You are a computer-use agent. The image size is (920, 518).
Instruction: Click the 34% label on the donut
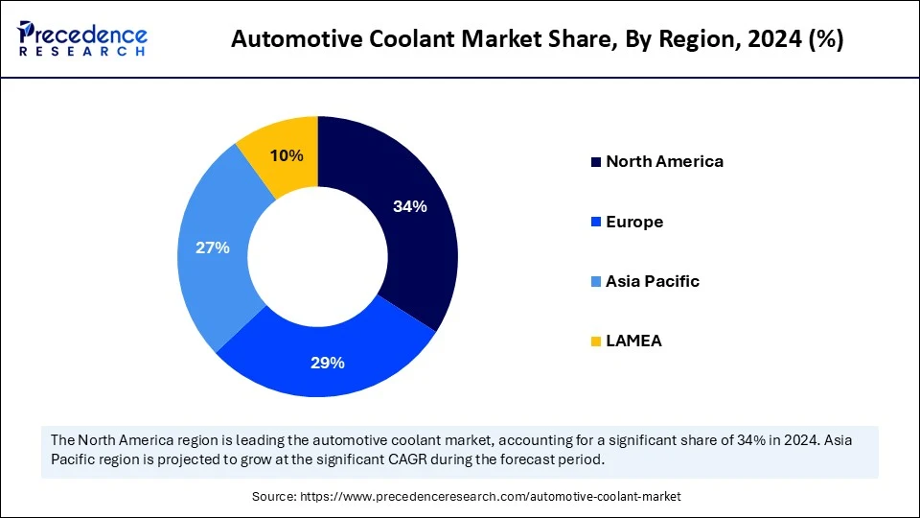tap(409, 206)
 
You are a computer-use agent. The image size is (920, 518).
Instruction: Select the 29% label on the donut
tap(327, 363)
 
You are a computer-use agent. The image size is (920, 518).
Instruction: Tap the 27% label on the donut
tap(212, 247)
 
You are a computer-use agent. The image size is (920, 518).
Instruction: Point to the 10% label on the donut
tap(287, 155)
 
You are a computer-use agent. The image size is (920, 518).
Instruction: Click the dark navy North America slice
tap(422, 249)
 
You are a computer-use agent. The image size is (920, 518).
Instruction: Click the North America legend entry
tap(663, 161)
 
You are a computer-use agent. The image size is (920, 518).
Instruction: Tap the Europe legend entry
tap(633, 222)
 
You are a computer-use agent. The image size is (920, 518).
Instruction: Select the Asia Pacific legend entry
tap(652, 281)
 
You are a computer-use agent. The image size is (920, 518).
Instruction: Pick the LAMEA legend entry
tap(633, 341)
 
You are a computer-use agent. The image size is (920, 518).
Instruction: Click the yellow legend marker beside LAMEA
tap(596, 341)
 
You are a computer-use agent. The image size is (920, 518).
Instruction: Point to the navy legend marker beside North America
tap(596, 162)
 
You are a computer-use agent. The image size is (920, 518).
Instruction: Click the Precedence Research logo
tap(82, 38)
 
